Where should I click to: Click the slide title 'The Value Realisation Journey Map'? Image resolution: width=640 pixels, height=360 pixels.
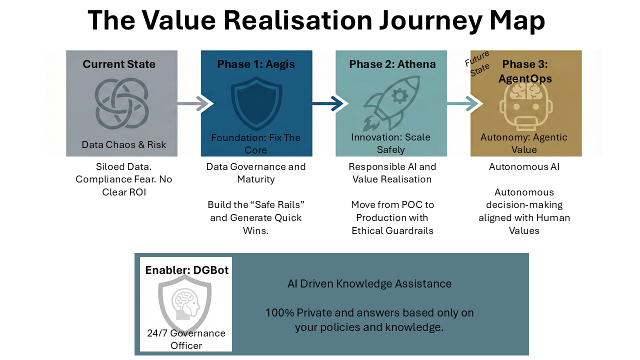[x=316, y=21]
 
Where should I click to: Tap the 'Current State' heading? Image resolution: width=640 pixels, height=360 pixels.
[x=119, y=64]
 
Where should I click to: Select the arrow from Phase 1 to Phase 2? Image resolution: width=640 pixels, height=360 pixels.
[x=328, y=104]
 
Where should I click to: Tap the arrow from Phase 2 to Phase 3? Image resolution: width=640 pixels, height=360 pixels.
[x=463, y=104]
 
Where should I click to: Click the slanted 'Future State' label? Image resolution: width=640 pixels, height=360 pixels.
[x=477, y=63]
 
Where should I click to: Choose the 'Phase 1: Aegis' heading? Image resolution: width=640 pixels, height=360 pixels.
[x=256, y=64]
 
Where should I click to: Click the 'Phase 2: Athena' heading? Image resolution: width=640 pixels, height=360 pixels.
[x=392, y=64]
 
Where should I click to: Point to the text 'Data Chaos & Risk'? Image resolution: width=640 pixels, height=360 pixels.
[x=124, y=145]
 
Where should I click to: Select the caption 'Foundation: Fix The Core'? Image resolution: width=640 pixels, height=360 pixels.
[x=256, y=143]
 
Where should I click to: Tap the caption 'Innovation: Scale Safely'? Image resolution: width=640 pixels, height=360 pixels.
[x=390, y=143]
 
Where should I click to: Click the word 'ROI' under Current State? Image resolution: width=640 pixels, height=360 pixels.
[x=136, y=192]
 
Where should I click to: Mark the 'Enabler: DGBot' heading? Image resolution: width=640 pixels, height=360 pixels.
[x=187, y=270]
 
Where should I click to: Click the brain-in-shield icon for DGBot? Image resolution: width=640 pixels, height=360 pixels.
[x=185, y=302]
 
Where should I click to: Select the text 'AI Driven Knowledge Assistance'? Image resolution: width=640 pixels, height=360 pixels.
[x=369, y=284]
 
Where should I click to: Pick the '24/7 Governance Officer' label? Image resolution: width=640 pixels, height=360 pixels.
[x=186, y=339]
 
